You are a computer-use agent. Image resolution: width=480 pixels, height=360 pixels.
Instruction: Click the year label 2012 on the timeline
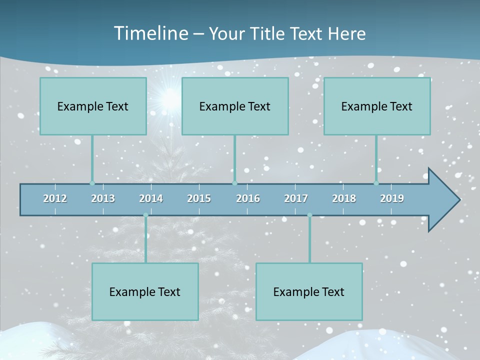tap(55, 198)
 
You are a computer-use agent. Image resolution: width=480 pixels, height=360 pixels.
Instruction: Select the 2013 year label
tap(103, 198)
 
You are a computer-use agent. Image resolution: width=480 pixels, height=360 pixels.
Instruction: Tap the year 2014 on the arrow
tap(151, 198)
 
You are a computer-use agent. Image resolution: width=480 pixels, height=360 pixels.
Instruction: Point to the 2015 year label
tap(199, 198)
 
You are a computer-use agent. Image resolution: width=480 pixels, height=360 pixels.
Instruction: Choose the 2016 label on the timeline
tap(248, 198)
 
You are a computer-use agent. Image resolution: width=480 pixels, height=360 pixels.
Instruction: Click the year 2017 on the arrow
tap(296, 198)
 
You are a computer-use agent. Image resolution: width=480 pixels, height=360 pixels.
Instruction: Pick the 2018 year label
tap(344, 198)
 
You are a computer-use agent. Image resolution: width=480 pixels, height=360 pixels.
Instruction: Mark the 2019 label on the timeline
tap(392, 198)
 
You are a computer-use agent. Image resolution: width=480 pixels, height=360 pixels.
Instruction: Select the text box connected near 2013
tap(93, 106)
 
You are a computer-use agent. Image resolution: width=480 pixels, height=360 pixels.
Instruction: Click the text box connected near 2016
tap(235, 106)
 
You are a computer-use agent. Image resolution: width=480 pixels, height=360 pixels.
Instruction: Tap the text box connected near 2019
tap(377, 106)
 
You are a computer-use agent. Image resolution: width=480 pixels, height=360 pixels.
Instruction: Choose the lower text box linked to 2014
tap(145, 291)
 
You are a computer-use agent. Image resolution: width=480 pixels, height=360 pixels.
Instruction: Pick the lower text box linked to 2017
tap(309, 291)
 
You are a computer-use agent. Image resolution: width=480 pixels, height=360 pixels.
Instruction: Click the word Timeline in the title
tap(150, 33)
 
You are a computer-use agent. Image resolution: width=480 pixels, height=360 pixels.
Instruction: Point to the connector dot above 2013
tap(92, 183)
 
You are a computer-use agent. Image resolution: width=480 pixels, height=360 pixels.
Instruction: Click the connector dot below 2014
tap(145, 215)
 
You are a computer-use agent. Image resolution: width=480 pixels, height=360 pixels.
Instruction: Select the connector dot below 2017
tap(309, 215)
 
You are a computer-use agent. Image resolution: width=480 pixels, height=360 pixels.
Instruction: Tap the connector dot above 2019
tap(376, 183)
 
